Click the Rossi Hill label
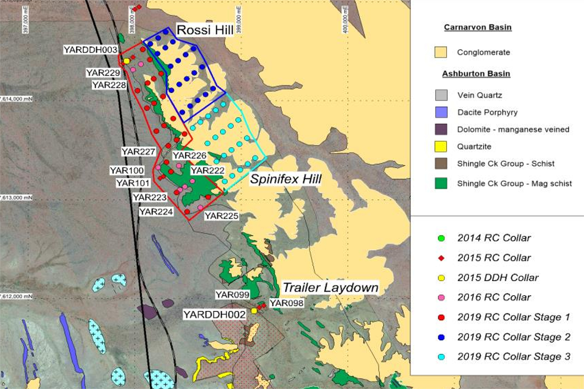[205, 30]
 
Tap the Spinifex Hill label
[286, 179]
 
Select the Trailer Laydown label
[330, 288]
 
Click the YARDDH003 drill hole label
[90, 50]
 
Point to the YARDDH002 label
[214, 315]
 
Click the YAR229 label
[103, 73]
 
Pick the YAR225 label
[221, 216]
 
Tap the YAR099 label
[232, 295]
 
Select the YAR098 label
[286, 303]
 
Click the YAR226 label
[189, 156]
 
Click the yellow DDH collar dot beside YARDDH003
[127, 61]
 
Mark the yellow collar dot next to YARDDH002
[254, 311]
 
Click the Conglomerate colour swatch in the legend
[441, 52]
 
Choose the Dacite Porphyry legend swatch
[441, 112]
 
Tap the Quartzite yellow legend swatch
[441, 146]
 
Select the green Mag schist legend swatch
[441, 183]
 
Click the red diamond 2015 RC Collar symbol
[441, 258]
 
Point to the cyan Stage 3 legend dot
[441, 357]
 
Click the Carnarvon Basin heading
[477, 27]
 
